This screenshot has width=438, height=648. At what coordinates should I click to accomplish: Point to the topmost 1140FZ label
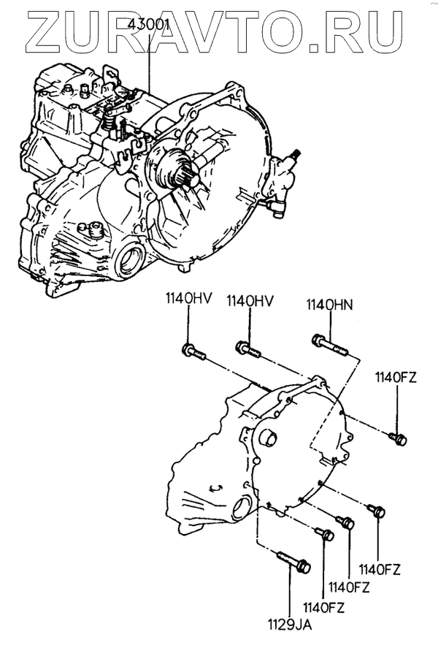[396, 377]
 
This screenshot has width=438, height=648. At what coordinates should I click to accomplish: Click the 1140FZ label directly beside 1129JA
[321, 606]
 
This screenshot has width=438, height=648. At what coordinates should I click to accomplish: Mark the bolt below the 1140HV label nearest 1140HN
[248, 348]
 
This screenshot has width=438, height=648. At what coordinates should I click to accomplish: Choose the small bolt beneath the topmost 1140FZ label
[398, 439]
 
